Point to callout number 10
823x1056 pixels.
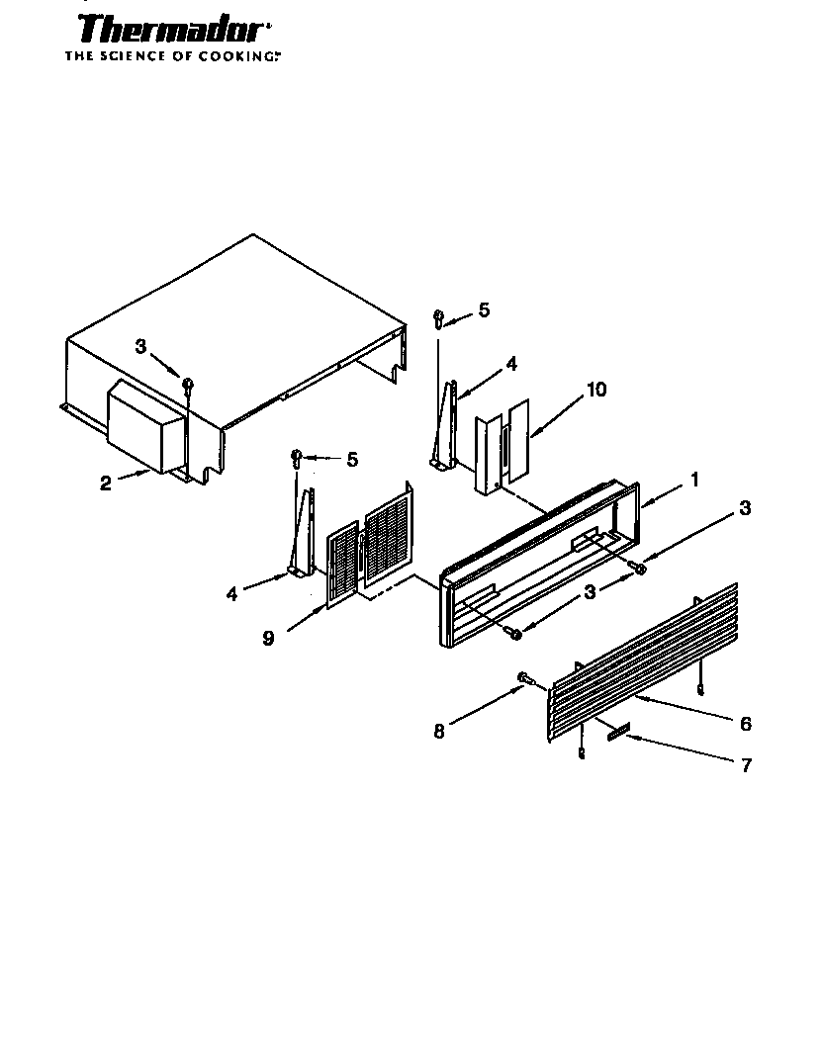[x=595, y=390]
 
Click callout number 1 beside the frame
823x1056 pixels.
[x=694, y=480]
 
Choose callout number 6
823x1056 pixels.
[x=745, y=724]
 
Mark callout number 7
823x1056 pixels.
[x=745, y=764]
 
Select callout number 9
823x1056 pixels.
[x=268, y=638]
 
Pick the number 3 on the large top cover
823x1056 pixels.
[x=140, y=347]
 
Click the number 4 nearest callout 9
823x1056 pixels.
[x=231, y=594]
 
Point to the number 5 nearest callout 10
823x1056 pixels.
[x=483, y=310]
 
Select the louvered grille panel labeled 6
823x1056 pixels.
[x=643, y=662]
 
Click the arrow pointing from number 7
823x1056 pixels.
[x=683, y=750]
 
